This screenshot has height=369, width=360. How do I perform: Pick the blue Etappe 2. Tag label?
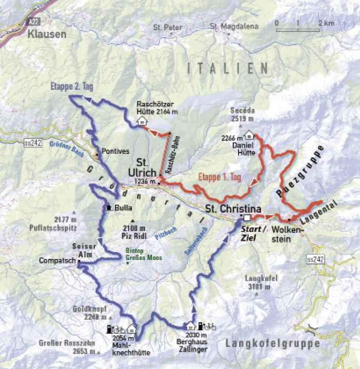(x=71, y=87)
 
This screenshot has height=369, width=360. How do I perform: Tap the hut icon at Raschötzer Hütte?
(x=141, y=121)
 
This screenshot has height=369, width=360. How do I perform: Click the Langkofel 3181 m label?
(x=258, y=282)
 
